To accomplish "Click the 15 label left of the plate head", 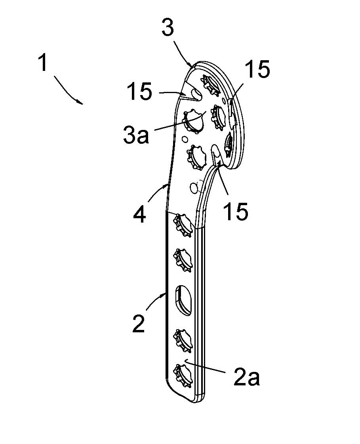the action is coord(139,91).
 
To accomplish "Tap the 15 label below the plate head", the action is coord(236,211).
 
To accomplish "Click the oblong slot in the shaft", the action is coord(183,300).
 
